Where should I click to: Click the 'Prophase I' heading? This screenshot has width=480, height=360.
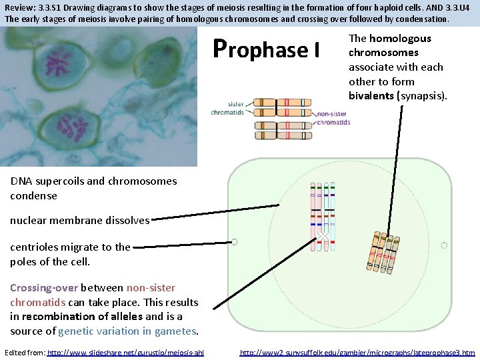[267, 49]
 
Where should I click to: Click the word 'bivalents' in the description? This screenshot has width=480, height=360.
[371, 96]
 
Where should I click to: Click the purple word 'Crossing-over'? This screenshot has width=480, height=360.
[44, 288]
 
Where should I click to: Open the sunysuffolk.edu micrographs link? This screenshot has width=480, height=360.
[357, 352]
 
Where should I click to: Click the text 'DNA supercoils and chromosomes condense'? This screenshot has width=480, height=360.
[84, 188]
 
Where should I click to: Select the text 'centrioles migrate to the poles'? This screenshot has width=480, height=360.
[70, 254]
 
